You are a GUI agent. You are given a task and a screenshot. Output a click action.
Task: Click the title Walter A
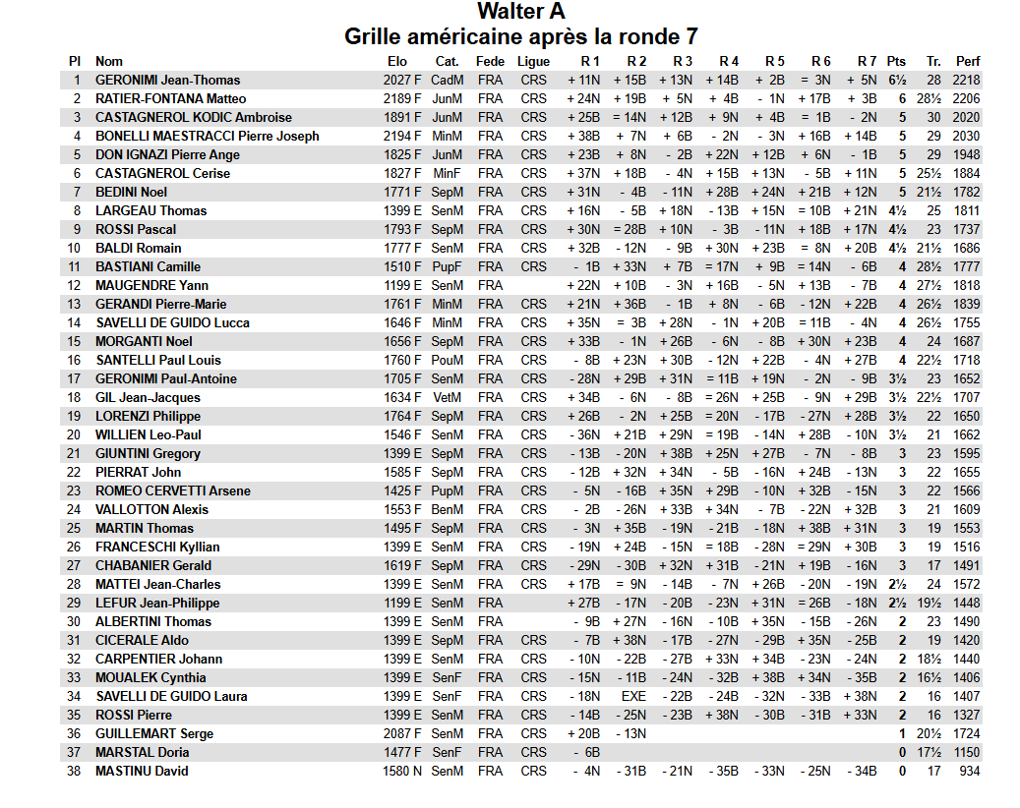coord(521,12)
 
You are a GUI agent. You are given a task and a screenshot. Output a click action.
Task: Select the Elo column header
coord(397,61)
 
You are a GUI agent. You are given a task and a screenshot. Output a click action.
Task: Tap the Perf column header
coord(968,61)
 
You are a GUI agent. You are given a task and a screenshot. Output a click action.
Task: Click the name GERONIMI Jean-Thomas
coord(167,80)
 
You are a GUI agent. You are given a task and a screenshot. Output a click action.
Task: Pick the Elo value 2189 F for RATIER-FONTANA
coord(402,98)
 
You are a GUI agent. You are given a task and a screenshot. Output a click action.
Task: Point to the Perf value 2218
coord(967,80)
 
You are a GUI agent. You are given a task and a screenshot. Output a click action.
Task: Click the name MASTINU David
coord(142,771)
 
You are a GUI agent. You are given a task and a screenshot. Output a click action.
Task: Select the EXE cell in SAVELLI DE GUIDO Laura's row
coord(633,696)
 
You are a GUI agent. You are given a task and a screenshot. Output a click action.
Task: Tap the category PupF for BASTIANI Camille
coord(448,266)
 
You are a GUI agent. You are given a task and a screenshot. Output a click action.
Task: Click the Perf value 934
coord(971,771)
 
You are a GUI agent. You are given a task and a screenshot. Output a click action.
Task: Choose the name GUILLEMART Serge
coord(154,733)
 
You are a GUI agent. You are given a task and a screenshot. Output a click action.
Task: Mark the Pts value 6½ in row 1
coord(897,80)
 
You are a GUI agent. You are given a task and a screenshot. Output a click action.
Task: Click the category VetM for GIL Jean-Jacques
coord(448,397)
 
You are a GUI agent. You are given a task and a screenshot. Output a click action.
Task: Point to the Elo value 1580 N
coord(402,771)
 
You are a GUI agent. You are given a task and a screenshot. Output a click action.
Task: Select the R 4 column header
coord(729,61)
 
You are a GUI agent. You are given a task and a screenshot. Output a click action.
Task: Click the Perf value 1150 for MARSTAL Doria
coord(967,752)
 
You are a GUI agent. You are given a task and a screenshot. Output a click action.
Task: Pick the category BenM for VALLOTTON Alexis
coord(448,509)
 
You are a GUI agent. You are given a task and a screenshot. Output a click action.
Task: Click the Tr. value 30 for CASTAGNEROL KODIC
coord(933,117)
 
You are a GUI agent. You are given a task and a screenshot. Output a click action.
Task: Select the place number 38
coord(74,771)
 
